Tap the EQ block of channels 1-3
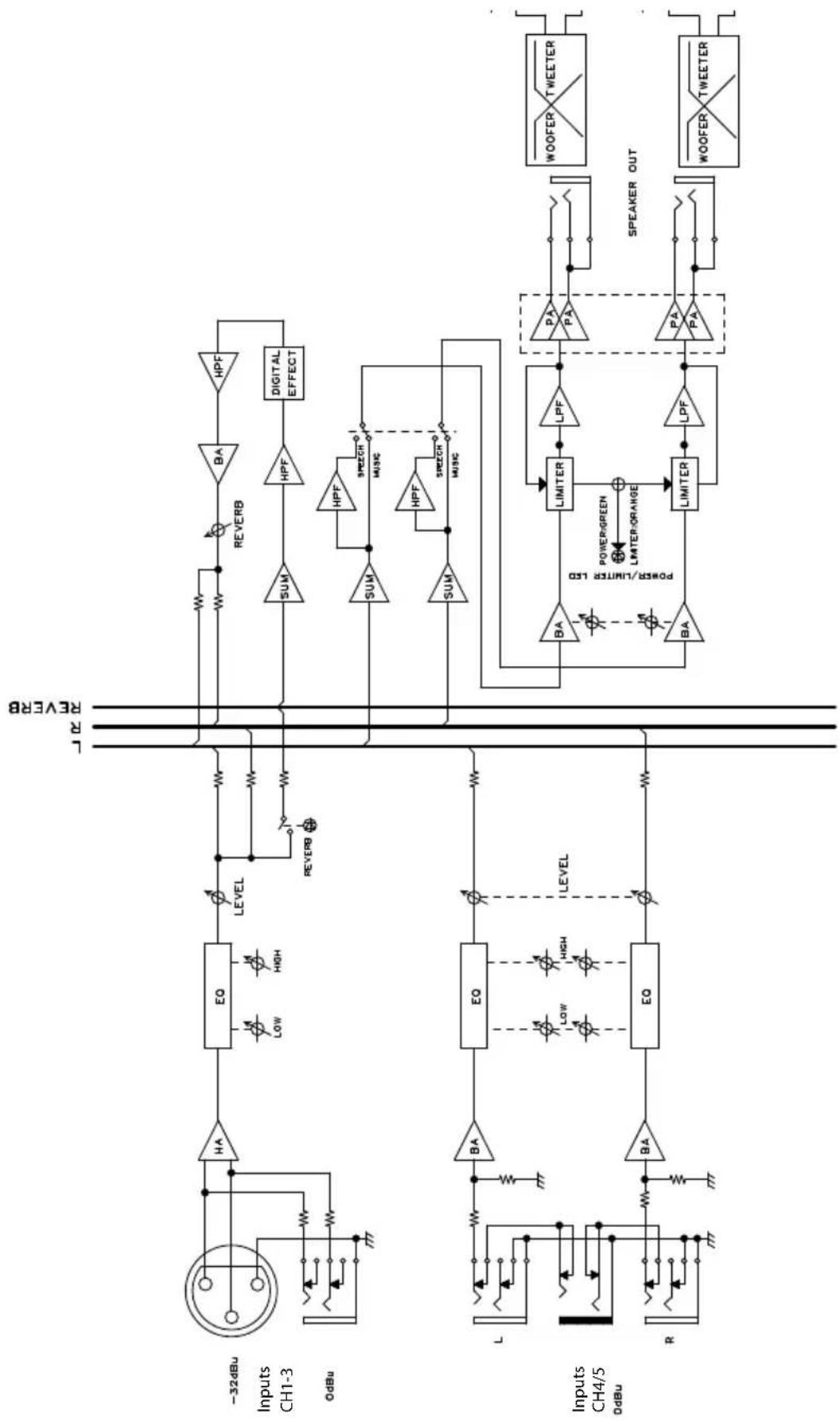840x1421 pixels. click(x=219, y=996)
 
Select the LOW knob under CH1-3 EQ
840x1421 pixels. click(x=257, y=1029)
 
